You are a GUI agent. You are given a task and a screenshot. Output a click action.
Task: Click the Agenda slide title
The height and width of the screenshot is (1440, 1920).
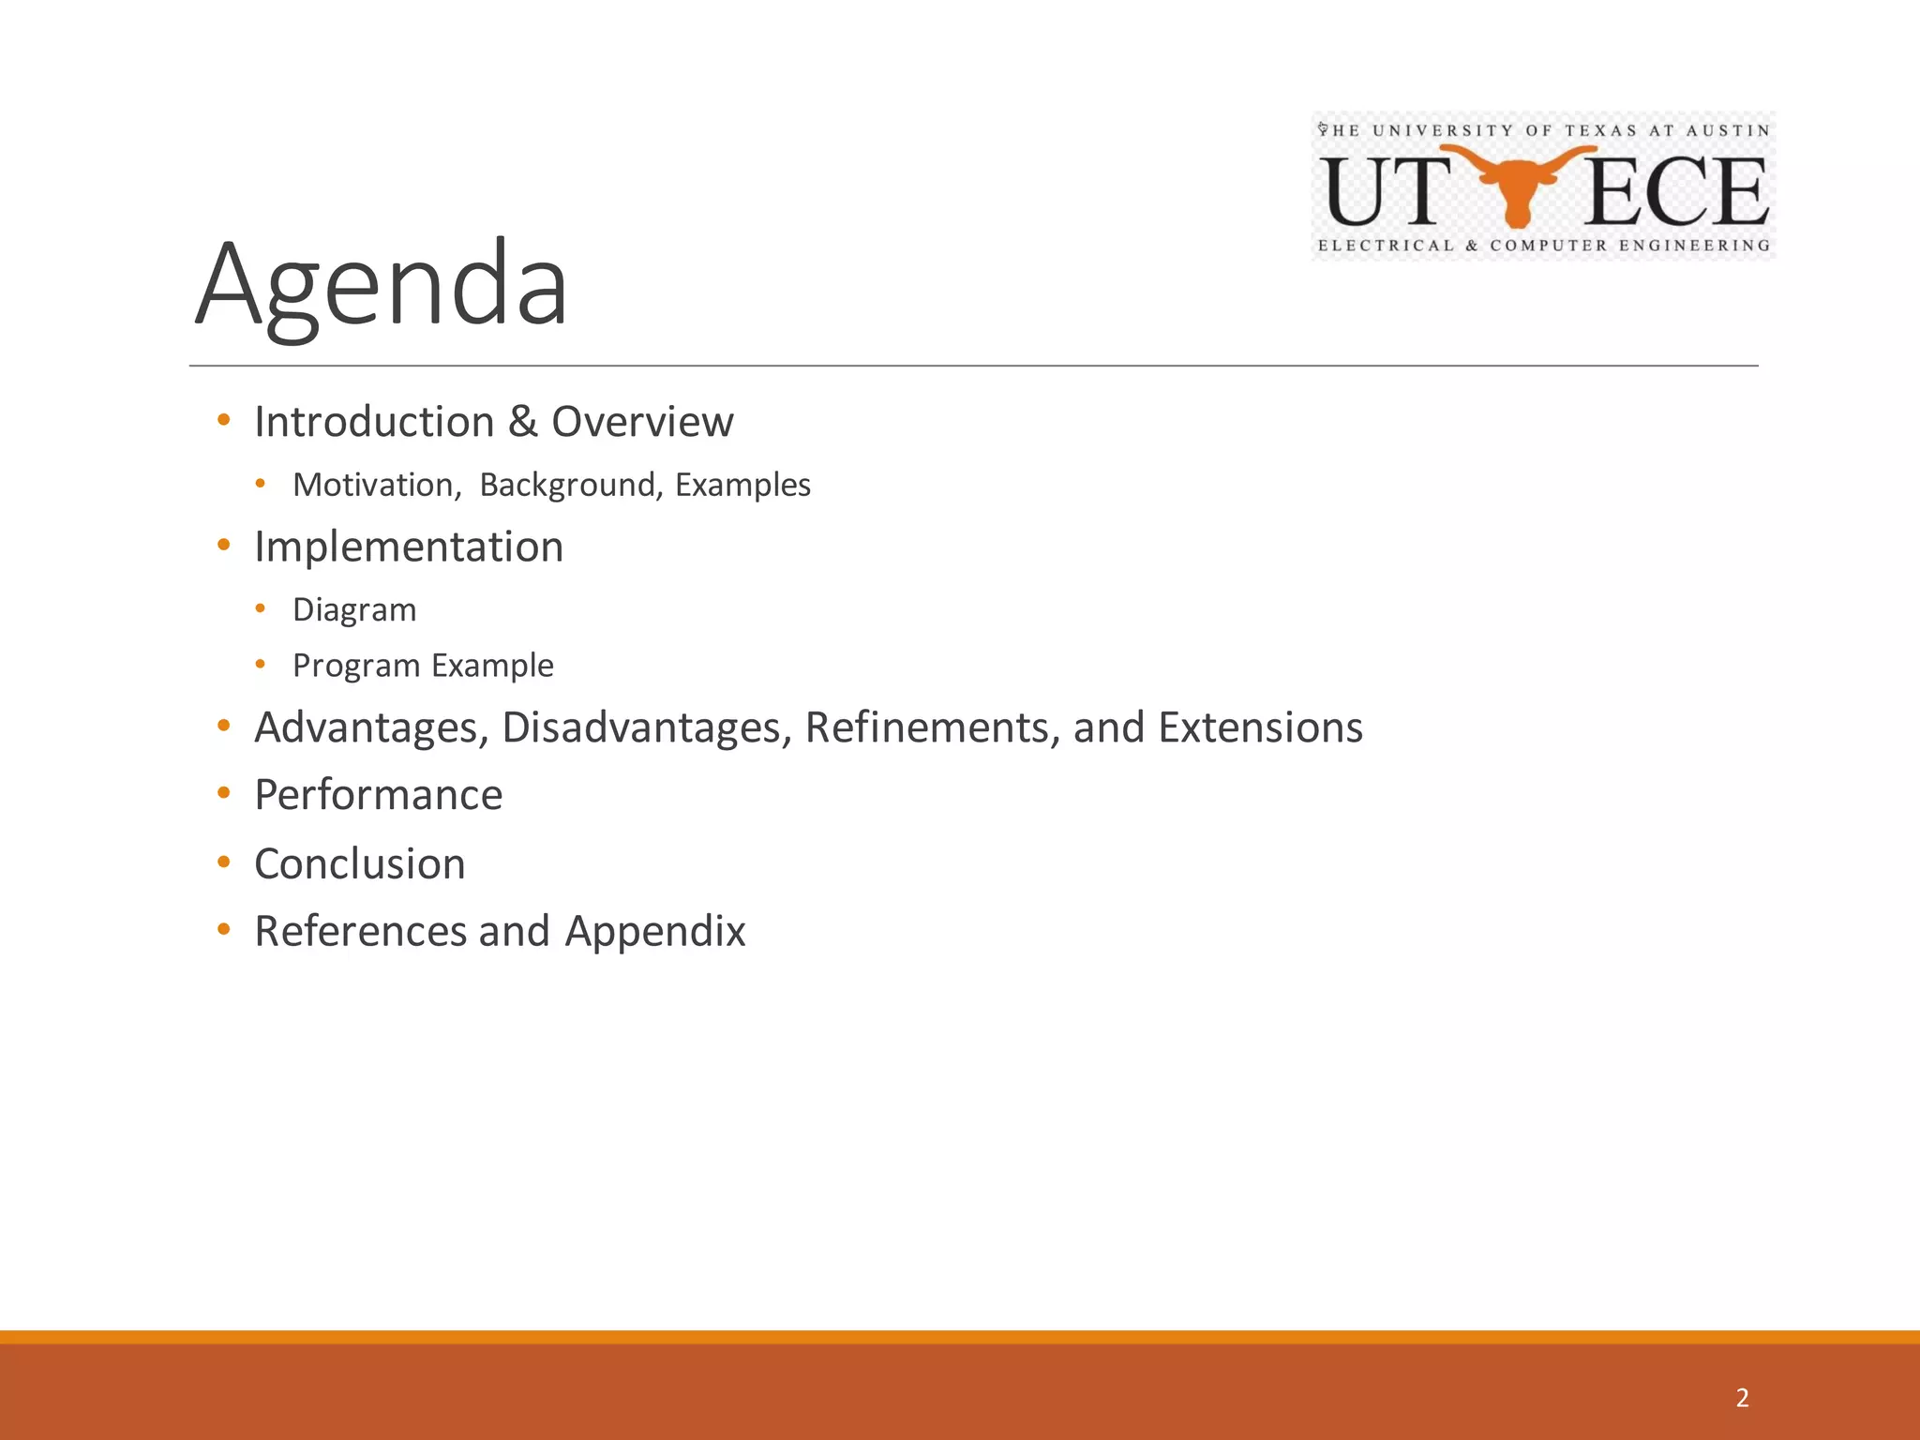(382, 284)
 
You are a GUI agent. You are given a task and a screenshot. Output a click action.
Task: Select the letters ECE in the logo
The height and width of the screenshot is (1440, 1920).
(1676, 192)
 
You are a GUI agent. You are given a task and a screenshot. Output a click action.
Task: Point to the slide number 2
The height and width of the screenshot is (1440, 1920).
(1742, 1398)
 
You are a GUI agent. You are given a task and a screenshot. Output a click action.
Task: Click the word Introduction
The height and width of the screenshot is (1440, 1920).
(374, 422)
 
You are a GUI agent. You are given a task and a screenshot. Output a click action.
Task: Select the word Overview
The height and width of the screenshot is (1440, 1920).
(642, 422)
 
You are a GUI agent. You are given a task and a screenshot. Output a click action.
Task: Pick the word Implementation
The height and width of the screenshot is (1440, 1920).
(409, 547)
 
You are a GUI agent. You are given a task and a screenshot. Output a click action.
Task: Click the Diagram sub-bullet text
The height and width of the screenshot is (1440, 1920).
(354, 610)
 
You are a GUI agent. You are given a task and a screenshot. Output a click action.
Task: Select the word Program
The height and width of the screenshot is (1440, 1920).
(356, 666)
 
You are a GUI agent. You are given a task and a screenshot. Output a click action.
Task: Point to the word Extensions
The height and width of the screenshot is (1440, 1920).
(1260, 727)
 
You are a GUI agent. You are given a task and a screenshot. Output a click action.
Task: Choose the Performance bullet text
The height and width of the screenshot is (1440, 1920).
(379, 795)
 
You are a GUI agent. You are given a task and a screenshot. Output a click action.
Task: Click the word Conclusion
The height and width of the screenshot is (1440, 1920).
(360, 863)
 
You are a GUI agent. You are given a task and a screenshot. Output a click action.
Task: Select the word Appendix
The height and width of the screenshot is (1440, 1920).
(654, 932)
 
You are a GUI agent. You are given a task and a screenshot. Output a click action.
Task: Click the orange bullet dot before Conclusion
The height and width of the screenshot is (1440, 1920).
(223, 862)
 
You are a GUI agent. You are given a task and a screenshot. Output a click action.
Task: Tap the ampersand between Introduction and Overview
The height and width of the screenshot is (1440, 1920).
(523, 422)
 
